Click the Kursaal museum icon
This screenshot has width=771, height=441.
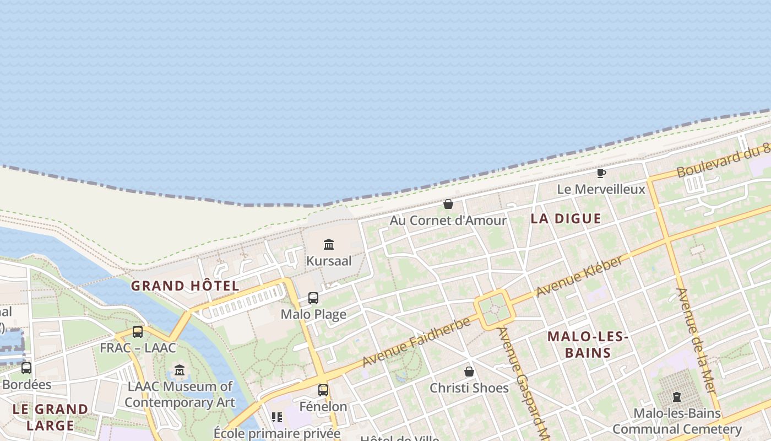[x=329, y=244]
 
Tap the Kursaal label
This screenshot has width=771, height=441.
[x=329, y=261]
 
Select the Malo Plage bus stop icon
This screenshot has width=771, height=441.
[x=313, y=298]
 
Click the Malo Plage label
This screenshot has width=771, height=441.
[x=313, y=315]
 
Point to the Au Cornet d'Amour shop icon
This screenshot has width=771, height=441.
[x=448, y=204]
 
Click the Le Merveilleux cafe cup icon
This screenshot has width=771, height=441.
[x=601, y=173]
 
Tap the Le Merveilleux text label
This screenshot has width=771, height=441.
[x=601, y=189]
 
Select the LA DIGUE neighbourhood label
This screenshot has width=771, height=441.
[x=566, y=218]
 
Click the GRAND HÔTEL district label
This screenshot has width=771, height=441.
[x=185, y=286]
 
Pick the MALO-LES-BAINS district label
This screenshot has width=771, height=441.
[x=588, y=345]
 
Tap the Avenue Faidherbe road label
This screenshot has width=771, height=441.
[x=416, y=342]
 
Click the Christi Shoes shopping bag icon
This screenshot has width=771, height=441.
[x=469, y=372]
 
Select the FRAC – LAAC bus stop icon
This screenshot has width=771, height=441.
[x=138, y=332]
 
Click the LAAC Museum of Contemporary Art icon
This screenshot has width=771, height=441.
[x=180, y=370]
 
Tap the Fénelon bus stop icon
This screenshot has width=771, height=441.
[x=323, y=390]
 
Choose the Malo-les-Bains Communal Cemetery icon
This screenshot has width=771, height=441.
[x=677, y=397]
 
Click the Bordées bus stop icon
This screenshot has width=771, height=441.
[x=26, y=368]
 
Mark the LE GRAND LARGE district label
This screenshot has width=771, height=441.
[x=50, y=417]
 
